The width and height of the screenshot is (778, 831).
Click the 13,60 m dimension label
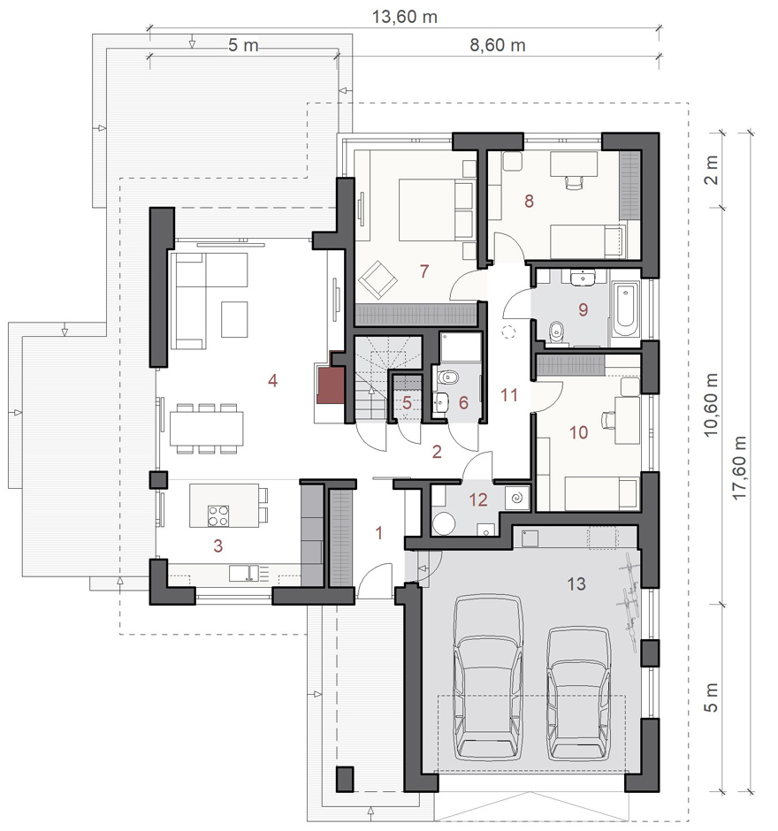pos(404,17)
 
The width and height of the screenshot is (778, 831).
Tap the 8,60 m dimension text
pos(497,45)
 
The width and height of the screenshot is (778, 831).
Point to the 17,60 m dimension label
pos(739,468)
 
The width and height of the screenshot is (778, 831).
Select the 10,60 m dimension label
pos(711,405)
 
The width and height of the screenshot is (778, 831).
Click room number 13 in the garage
pos(576,584)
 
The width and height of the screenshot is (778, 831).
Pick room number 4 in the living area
pos(272,380)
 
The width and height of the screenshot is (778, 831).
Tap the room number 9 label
pos(583,309)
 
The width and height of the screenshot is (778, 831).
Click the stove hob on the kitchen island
pos(218,515)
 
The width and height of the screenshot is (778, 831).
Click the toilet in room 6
pos(448,377)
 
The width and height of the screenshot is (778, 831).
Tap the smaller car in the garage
pos(579,694)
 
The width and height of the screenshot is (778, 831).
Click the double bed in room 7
pos(436,210)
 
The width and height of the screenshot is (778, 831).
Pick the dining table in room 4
pos(207,429)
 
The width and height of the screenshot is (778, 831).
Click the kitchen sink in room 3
pos(244,574)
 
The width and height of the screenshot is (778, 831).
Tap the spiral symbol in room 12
pos(516,499)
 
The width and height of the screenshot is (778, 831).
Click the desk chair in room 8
pos(574,182)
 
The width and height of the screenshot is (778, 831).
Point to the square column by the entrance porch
pos(346,779)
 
